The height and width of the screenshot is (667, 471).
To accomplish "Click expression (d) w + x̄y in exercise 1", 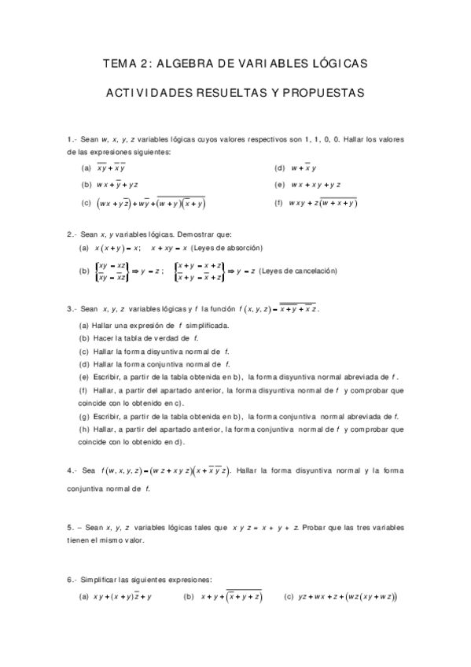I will point(304,168).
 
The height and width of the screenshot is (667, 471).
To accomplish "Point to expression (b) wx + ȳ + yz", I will point(117,185).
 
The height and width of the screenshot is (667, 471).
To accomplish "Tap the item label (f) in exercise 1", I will point(278,203).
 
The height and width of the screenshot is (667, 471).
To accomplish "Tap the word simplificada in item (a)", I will point(206,325).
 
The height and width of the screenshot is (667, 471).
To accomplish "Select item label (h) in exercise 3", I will point(85,430).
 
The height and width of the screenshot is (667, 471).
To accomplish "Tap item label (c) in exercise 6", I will point(289,597).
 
